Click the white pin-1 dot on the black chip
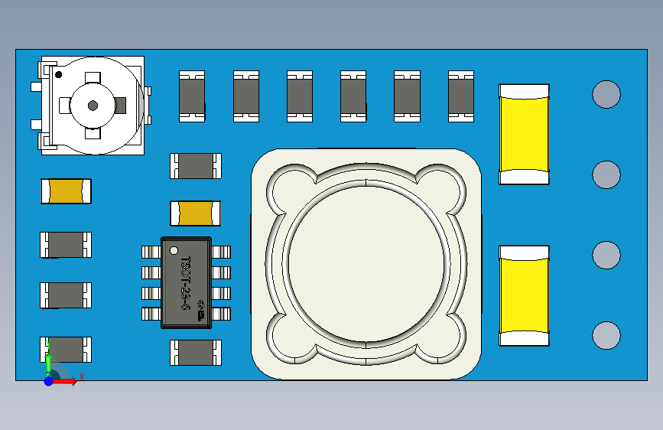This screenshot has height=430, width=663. coord(174,250)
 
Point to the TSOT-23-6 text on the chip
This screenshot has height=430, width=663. coord(184,282)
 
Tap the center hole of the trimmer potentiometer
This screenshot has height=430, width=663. coord(93,105)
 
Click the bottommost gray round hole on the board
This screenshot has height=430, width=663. coord(606,335)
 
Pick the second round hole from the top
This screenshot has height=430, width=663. coord(606,174)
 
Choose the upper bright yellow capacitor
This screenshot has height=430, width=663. coord(524,134)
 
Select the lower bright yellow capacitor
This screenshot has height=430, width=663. coord(524,295)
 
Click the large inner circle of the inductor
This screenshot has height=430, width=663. coord(366,262)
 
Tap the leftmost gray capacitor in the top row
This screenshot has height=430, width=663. coord(192,96)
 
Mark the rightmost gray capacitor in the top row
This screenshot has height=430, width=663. coord(461,96)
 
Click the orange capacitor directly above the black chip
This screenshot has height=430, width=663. coord(196,213)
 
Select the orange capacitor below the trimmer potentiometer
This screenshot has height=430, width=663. coord(66,191)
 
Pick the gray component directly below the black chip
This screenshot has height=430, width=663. coord(196,352)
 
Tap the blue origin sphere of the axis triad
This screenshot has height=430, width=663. coord(48,380)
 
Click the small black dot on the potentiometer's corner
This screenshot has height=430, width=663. coord(58,74)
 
